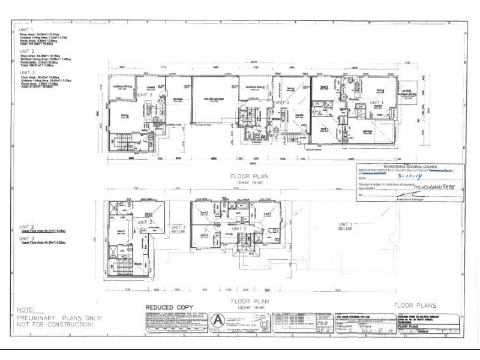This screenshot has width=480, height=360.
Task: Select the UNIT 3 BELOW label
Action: coord(178,230)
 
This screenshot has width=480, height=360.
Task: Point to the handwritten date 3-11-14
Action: coord(409,177)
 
